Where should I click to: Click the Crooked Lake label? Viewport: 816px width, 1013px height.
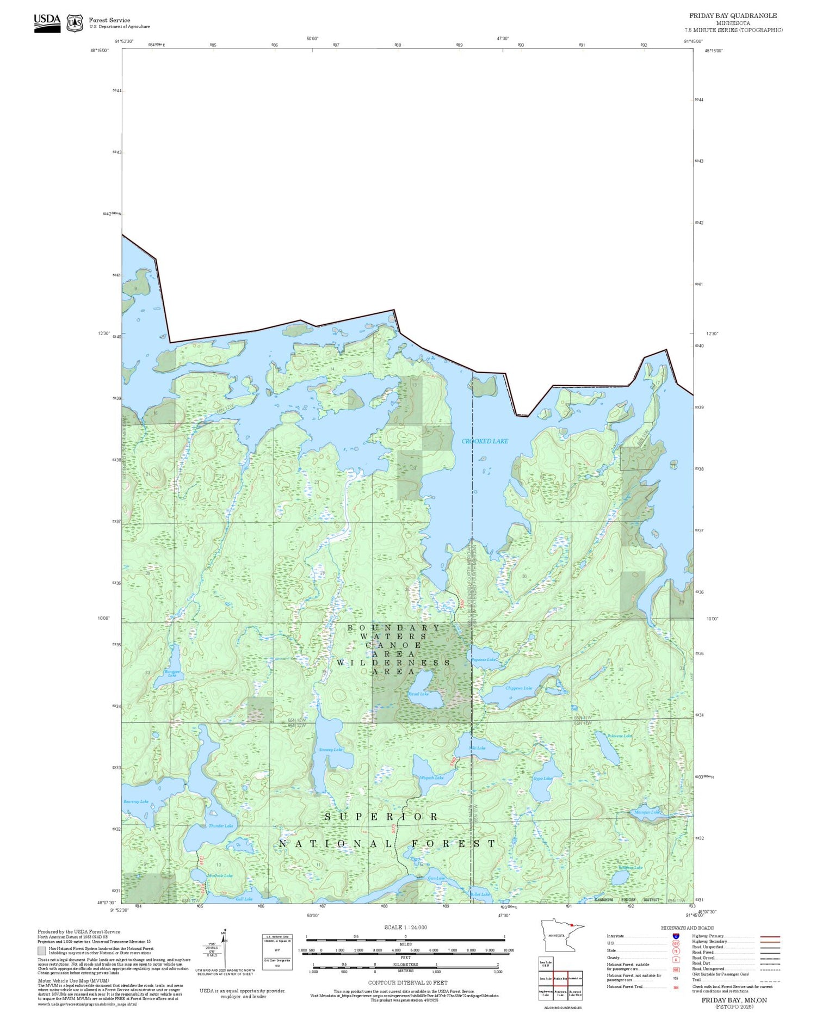pyautogui.click(x=485, y=441)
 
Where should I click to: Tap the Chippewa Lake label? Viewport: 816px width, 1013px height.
pyautogui.click(x=518, y=688)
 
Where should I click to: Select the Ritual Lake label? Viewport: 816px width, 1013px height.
pyautogui.click(x=418, y=694)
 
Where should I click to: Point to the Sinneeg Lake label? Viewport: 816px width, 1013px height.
pyautogui.click(x=331, y=750)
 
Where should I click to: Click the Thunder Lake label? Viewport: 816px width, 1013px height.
pyautogui.click(x=221, y=826)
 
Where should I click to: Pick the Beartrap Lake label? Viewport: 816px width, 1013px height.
pyautogui.click(x=136, y=801)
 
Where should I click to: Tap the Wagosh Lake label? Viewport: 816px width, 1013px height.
pyautogui.click(x=431, y=778)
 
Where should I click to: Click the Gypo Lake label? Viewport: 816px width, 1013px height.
pyautogui.click(x=542, y=779)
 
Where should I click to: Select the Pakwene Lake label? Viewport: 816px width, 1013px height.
pyautogui.click(x=620, y=736)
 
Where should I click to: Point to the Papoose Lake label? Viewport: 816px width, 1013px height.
pyautogui.click(x=484, y=660)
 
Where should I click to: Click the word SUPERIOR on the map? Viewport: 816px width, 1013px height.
pyautogui.click(x=382, y=817)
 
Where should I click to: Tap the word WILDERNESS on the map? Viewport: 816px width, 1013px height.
pyautogui.click(x=393, y=663)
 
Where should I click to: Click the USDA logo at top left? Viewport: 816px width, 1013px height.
pyautogui.click(x=47, y=23)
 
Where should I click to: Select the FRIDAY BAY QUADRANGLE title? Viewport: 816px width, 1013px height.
pyautogui.click(x=733, y=16)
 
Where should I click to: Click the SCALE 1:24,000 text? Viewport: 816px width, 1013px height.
pyautogui.click(x=405, y=928)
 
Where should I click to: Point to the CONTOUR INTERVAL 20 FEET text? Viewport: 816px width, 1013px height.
pyautogui.click(x=407, y=983)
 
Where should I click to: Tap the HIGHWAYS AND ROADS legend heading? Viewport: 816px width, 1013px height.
pyautogui.click(x=687, y=928)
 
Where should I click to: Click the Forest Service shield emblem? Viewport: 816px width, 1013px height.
pyautogui.click(x=75, y=23)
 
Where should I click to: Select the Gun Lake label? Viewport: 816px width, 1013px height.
pyautogui.click(x=436, y=878)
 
